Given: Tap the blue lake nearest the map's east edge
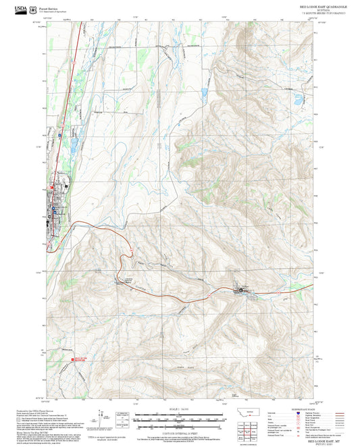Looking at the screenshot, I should (297, 102).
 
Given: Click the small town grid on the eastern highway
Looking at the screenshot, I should (242, 291).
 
